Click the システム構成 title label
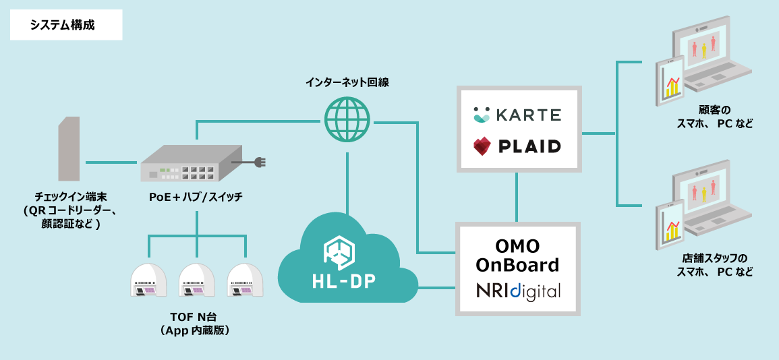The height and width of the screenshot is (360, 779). pos(62,26)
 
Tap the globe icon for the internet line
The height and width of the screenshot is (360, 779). pos(347,119)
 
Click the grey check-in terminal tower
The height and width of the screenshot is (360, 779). pos(69,149)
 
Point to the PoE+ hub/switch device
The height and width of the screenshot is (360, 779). pos(185,164)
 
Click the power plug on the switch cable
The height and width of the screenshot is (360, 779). pos(260,162)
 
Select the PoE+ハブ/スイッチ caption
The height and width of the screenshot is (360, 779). pos(196,198)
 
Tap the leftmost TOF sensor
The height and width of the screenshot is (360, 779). pos(148,280)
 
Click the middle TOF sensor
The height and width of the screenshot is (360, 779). pos(197,280)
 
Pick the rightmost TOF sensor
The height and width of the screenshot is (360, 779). pos(246,280)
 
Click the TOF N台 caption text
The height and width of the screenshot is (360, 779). pos(196,318)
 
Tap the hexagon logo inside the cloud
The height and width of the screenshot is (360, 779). pos(339,250)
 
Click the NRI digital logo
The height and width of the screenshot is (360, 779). pos(518,291)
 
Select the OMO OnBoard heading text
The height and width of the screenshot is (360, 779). pos(518,255)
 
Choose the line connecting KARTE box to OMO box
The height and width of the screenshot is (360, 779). pos(517,196)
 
